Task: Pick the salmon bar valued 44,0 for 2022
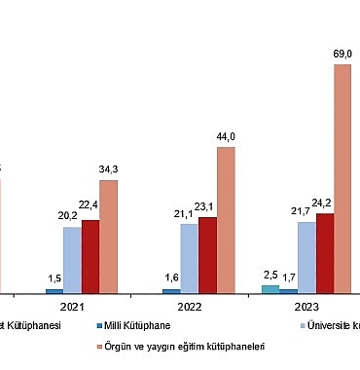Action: tap(226, 219)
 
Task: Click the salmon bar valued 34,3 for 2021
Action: tap(108, 236)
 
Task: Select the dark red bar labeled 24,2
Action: tap(324, 253)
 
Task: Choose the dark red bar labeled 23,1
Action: tap(207, 255)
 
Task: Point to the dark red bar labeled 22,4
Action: tap(90, 256)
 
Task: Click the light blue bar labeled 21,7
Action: tap(306, 257)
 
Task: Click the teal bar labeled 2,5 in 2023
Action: tap(270, 288)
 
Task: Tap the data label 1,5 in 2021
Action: tap(54, 278)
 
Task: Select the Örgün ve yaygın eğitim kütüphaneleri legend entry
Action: tap(185, 346)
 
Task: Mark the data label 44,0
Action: tap(226, 137)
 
